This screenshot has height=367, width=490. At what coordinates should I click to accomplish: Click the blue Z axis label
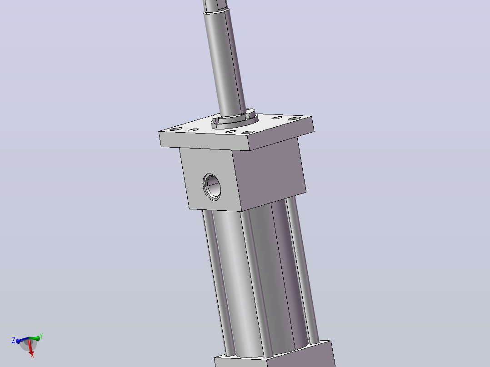[x=14, y=340]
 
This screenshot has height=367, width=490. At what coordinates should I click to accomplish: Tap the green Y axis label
[x=41, y=337]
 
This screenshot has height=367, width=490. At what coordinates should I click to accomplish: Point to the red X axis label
[x=32, y=356]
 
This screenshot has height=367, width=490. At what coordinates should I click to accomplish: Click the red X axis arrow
[x=30, y=347]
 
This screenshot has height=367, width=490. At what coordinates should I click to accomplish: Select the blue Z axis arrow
[x=23, y=340]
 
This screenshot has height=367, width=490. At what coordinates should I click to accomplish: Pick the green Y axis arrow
[x=35, y=338]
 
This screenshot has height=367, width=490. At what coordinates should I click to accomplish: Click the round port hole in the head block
[x=212, y=187]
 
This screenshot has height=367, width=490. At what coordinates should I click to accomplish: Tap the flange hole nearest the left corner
[x=175, y=129]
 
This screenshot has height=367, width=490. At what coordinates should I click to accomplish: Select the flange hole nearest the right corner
[x=294, y=119]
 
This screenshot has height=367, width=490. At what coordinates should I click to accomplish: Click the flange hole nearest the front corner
[x=248, y=133]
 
